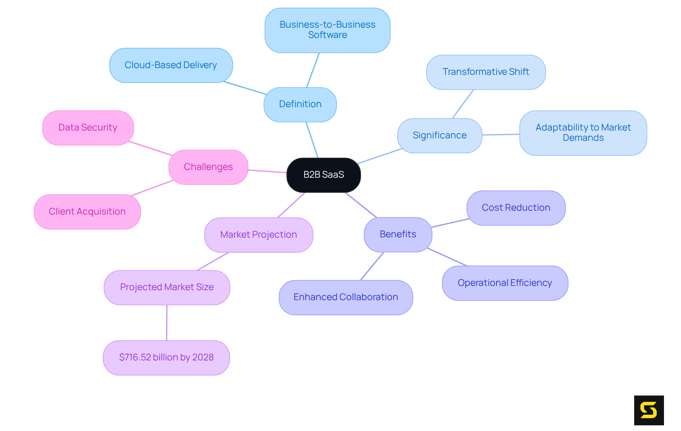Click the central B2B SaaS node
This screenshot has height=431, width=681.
tap(323, 175)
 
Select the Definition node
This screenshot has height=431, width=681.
tap(300, 104)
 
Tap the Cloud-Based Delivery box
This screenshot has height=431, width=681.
tap(171, 65)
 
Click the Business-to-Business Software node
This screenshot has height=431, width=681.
tap(327, 30)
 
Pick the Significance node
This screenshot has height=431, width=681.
tap(439, 136)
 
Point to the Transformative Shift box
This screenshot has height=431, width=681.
tap(486, 72)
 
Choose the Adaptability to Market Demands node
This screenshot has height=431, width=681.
tap(583, 133)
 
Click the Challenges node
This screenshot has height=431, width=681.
tap(208, 167)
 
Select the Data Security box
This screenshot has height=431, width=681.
tap(88, 128)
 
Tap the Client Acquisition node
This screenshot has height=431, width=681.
tap(87, 212)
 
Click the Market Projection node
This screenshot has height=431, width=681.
tap(258, 235)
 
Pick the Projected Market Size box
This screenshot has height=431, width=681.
tap(167, 287)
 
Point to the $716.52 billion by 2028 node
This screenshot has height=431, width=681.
tap(166, 358)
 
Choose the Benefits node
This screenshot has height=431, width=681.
tap(398, 234)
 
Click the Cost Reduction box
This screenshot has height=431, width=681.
tap(516, 208)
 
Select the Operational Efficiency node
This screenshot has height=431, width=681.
tap(505, 283)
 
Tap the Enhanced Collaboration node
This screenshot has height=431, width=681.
tap(345, 297)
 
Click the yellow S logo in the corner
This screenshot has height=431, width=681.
tap(649, 410)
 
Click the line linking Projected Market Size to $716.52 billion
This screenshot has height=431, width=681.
tap(167, 323)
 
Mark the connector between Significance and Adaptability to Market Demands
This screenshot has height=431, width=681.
tap(501, 134)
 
